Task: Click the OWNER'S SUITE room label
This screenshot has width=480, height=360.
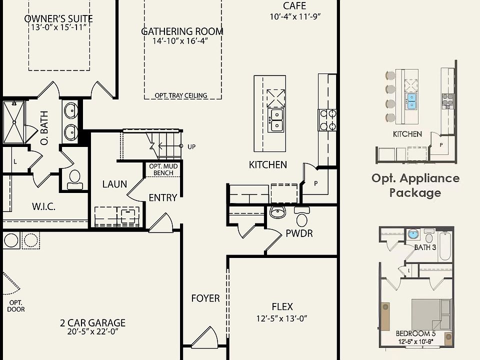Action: click(58, 19)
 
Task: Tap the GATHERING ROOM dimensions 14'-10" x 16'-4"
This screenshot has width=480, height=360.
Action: click(182, 41)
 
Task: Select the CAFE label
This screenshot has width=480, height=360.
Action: click(294, 6)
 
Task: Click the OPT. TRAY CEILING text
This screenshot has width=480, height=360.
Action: click(181, 95)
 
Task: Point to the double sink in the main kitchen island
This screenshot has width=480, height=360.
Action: click(276, 120)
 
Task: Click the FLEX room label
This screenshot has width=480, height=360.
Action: click(282, 306)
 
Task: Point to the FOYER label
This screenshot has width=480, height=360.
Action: click(205, 298)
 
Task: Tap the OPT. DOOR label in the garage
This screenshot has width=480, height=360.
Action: click(16, 306)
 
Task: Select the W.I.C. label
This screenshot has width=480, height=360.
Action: click(43, 206)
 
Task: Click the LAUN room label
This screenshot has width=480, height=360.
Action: click(114, 184)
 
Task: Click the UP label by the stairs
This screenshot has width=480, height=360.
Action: click(191, 147)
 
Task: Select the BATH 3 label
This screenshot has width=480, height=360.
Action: click(425, 247)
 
